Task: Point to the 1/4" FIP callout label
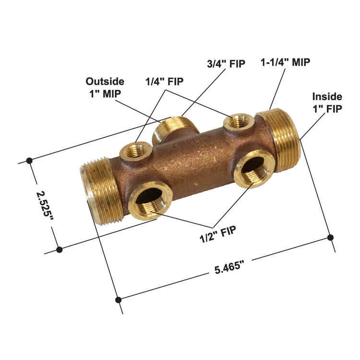(x=165, y=81)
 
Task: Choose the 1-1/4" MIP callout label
(x=285, y=62)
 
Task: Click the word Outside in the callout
(x=105, y=82)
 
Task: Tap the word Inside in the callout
(x=327, y=96)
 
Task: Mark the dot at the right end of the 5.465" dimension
(x=330, y=237)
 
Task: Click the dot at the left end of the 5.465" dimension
(x=119, y=300)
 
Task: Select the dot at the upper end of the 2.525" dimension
(x=30, y=160)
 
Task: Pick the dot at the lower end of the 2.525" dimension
(x=60, y=250)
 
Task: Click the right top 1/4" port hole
(x=239, y=122)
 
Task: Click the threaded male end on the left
(x=97, y=191)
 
